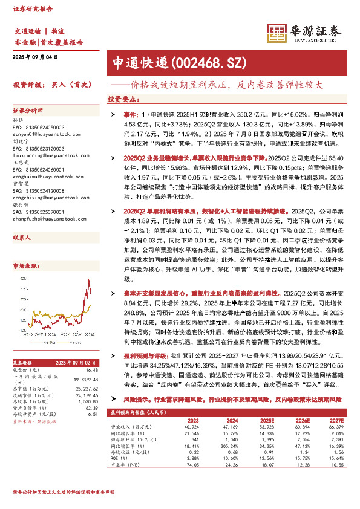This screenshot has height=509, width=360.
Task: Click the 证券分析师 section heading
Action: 29,111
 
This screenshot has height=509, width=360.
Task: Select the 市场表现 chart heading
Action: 26,249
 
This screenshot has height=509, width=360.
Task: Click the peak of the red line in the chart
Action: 89,280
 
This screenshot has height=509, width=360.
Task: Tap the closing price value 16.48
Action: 91,370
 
